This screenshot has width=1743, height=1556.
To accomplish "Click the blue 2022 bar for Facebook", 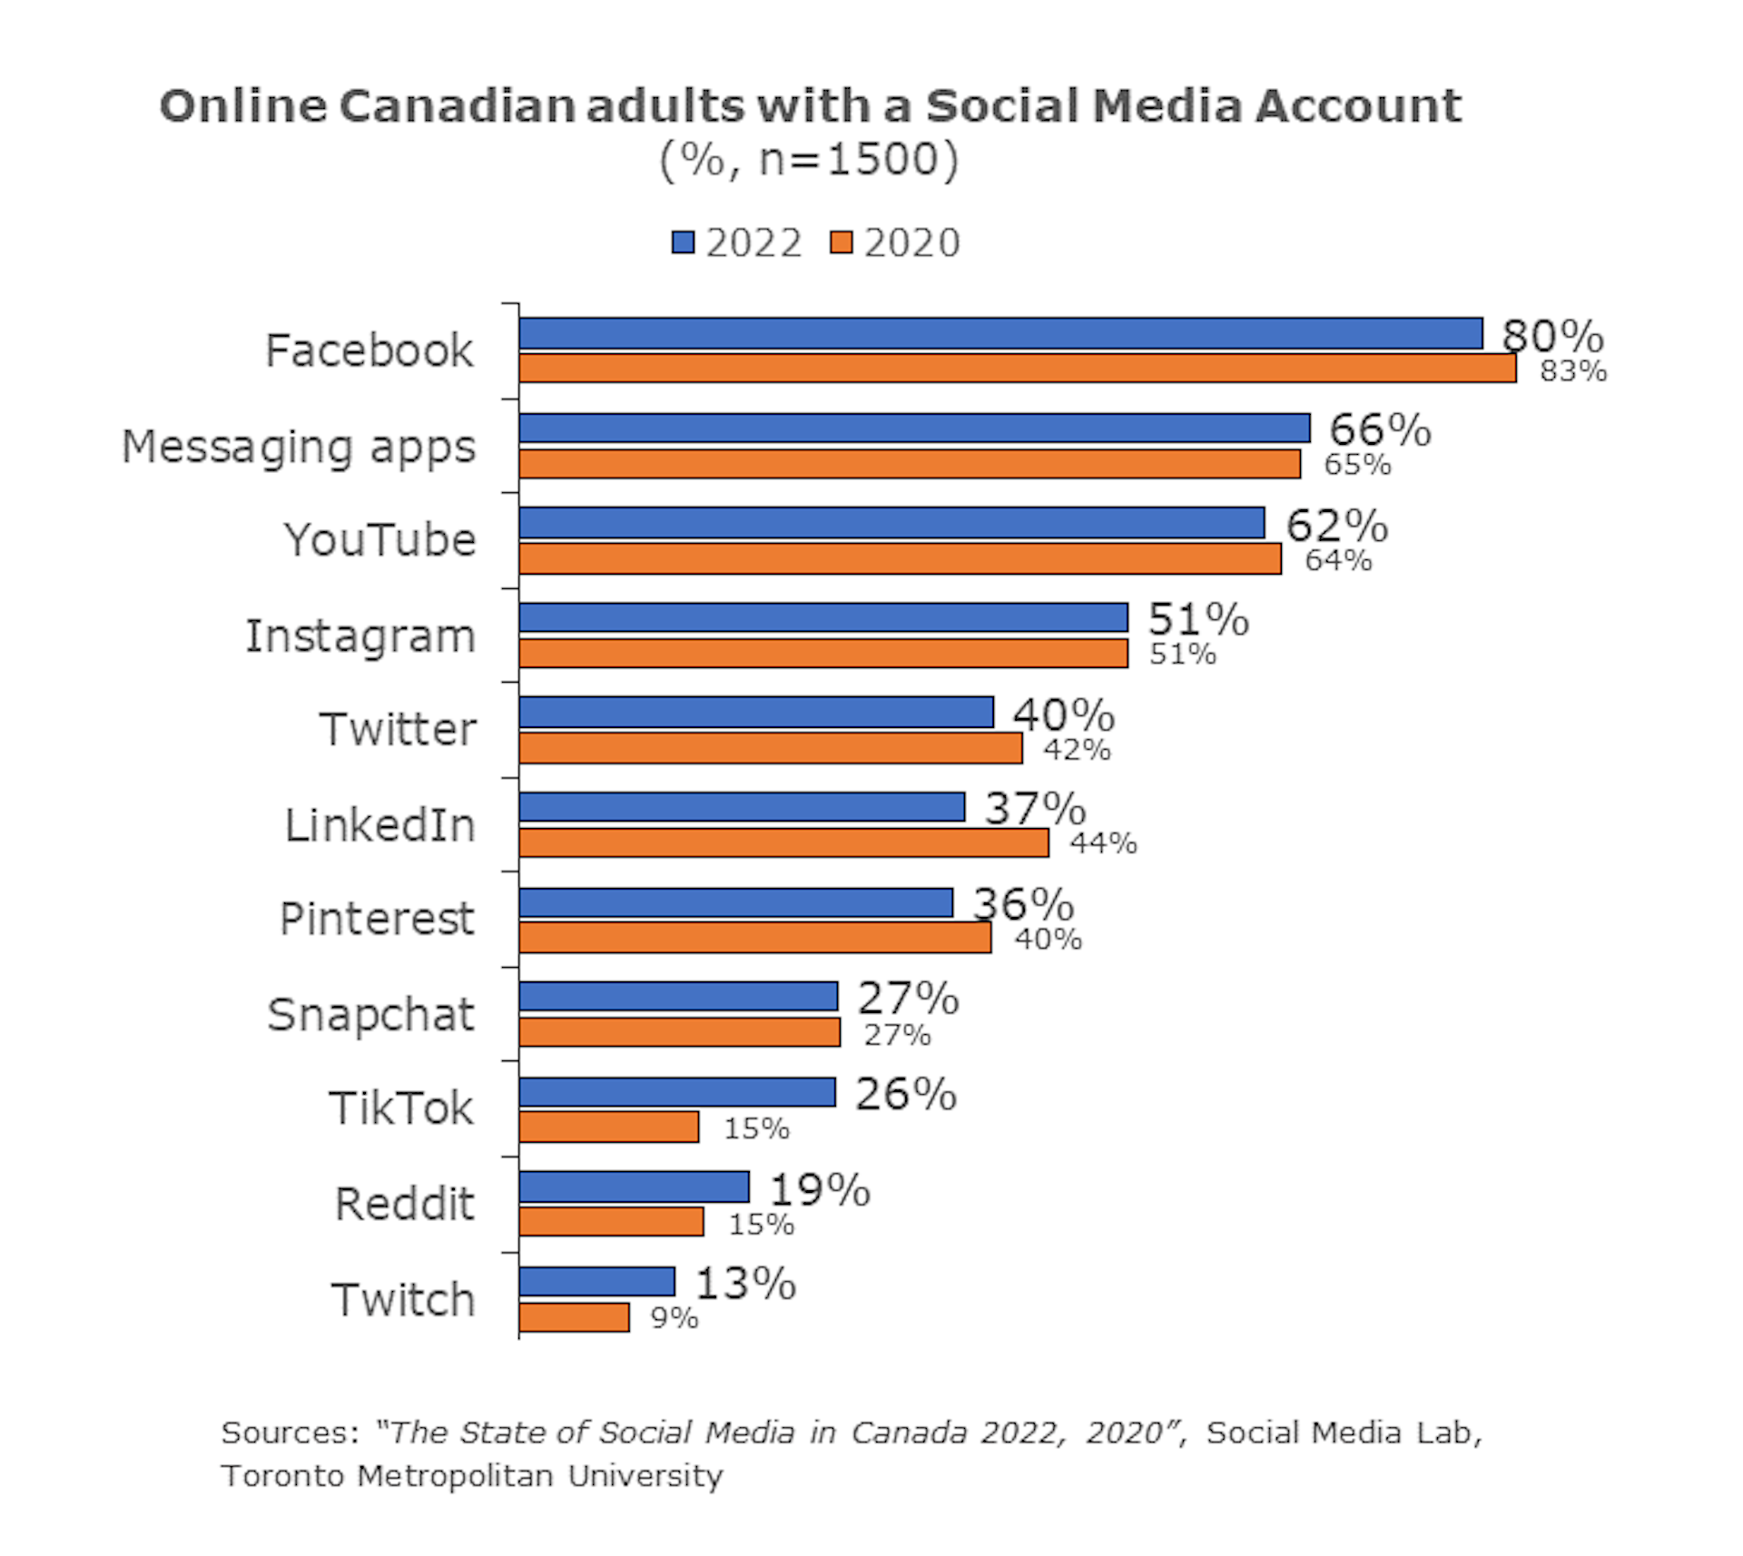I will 1000,333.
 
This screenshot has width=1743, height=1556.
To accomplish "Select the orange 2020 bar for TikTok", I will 609,1128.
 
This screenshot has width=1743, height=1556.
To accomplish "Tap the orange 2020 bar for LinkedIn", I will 783,842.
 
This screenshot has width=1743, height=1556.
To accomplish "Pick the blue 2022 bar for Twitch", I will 597,1281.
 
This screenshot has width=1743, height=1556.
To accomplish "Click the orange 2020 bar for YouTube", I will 900,558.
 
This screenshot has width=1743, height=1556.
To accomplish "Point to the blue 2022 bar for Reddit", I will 635,1187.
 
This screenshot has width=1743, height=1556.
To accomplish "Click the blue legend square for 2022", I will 683,242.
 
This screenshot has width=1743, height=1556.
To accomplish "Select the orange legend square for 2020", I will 841,242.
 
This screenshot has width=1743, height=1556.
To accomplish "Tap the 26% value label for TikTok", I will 905,1094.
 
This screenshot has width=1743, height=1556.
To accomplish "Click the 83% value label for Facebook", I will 1572,371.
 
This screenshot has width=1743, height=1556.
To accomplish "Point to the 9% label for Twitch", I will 675,1318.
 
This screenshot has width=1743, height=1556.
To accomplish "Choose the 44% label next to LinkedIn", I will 1102,843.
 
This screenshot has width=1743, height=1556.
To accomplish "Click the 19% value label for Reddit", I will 820,1190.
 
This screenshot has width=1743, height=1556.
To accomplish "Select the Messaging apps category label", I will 299,448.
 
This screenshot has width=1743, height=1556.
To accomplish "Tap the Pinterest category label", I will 377,919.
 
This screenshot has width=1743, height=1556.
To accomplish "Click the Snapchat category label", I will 370,1014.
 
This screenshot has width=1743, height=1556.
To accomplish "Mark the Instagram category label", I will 360,635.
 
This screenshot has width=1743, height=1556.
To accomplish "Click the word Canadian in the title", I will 458,106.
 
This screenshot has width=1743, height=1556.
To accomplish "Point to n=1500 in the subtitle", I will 848,160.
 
